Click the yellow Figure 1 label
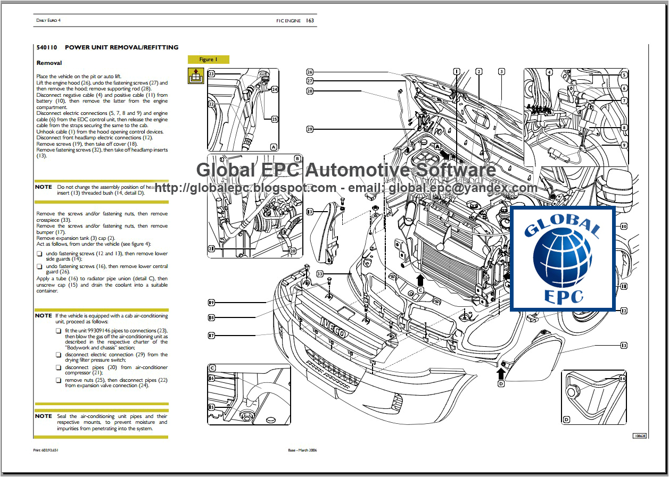(208, 60)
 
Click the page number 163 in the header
(310, 21)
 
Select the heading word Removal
(49, 63)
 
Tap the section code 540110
(47, 47)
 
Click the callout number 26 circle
(310, 72)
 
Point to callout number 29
(310, 129)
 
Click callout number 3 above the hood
(501, 71)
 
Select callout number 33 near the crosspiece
(319, 274)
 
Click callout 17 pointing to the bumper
(211, 336)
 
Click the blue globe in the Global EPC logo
(562, 259)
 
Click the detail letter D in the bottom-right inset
(566, 420)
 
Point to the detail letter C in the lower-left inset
(212, 368)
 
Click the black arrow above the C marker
(420, 280)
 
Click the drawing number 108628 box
(639, 436)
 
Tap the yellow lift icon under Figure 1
(195, 76)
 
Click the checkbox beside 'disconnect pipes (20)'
(59, 367)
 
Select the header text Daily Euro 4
(48, 21)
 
